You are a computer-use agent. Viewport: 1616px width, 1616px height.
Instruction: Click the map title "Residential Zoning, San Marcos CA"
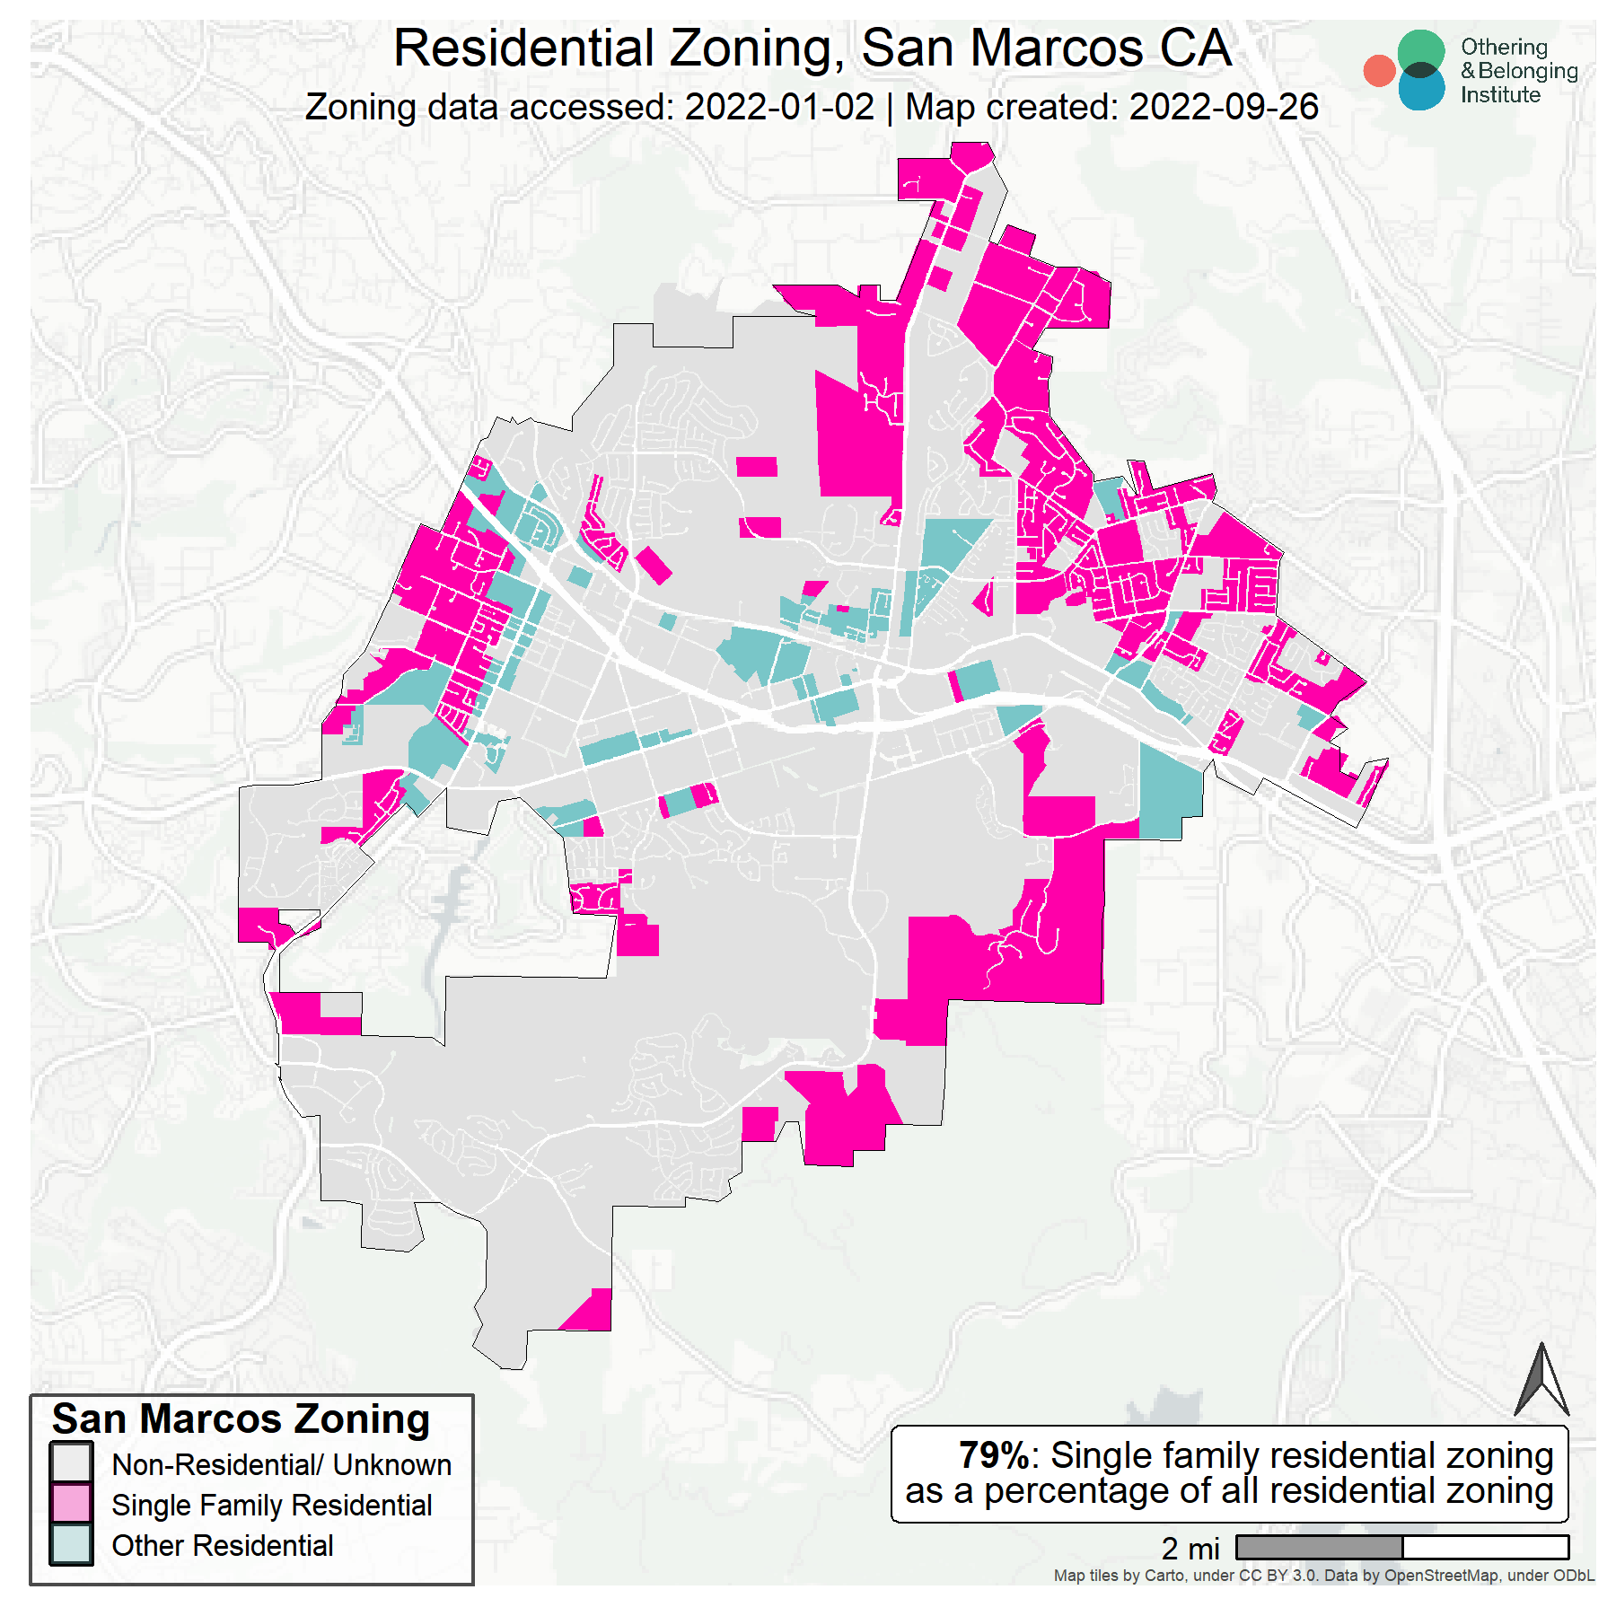[x=812, y=48]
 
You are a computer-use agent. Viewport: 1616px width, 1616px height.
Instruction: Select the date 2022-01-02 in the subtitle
[x=779, y=107]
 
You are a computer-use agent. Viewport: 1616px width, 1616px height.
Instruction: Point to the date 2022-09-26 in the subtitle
[x=1224, y=107]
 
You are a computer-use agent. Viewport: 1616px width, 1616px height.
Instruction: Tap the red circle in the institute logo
[x=1379, y=71]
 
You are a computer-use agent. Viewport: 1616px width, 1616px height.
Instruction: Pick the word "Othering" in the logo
[x=1504, y=47]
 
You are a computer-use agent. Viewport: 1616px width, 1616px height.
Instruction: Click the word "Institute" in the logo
[x=1500, y=95]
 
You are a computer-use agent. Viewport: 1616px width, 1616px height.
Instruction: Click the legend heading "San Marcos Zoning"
[x=241, y=1419]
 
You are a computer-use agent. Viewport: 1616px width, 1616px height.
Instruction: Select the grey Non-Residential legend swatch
[x=71, y=1462]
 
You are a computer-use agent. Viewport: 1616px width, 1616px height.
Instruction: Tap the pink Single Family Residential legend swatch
[x=71, y=1504]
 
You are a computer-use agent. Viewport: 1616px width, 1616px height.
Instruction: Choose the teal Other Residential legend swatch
[x=71, y=1544]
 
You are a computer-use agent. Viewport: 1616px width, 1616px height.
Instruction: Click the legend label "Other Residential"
[x=222, y=1545]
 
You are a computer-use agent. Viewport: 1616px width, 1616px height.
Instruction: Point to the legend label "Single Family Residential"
[x=271, y=1505]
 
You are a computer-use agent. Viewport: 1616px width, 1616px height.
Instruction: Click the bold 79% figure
[x=993, y=1455]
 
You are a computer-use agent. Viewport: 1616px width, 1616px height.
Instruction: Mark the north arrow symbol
[x=1541, y=1383]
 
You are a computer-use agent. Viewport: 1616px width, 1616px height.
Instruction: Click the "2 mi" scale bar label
[x=1190, y=1549]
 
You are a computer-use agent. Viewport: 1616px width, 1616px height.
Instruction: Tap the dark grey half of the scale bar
[x=1319, y=1547]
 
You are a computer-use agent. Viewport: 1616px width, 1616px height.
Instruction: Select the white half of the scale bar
[x=1485, y=1547]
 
